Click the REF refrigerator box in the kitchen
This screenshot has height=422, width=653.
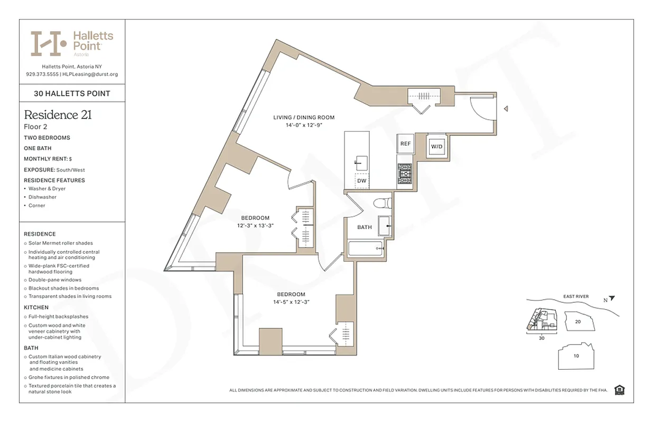[405, 143]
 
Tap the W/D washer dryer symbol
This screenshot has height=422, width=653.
[436, 146]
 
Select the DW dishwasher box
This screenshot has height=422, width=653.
[362, 180]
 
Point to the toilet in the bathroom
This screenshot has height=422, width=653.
[381, 203]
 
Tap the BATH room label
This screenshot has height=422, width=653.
[365, 227]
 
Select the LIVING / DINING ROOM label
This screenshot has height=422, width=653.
[304, 118]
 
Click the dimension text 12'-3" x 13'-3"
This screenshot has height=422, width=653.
[255, 226]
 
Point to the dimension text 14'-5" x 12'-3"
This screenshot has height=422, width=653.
[291, 302]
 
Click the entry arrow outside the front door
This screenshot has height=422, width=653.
[506, 109]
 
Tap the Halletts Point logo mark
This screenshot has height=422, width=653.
[48, 43]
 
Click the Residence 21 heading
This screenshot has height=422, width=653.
[58, 115]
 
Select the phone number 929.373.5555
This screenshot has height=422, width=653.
[42, 74]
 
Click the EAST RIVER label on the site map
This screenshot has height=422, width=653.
[576, 296]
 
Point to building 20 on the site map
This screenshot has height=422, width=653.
[578, 321]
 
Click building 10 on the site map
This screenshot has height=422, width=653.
[576, 356]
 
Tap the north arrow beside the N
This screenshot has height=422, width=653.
[611, 299]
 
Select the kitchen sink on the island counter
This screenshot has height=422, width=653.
[362, 160]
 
